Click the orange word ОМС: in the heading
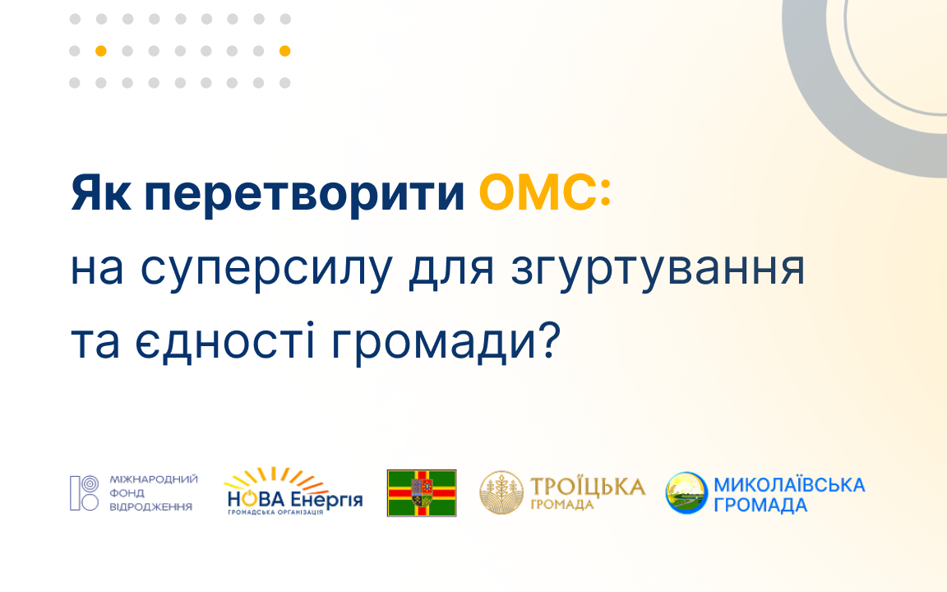545,193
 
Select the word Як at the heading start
100,193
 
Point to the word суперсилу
266,270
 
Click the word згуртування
658,270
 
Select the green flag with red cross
422,493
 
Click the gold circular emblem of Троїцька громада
501,493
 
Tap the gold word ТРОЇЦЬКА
588,487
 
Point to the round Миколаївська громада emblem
686,493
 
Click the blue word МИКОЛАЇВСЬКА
789,484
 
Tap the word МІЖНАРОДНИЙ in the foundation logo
154,479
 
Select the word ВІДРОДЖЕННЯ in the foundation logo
150,506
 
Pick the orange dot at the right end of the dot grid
285,51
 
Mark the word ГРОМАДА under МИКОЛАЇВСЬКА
760,505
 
